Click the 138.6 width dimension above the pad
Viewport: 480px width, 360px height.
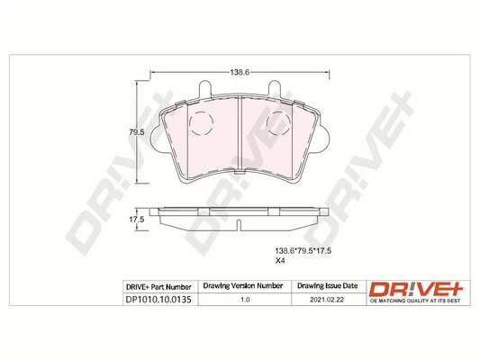(240, 71)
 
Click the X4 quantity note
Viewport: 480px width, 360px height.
(279, 263)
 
